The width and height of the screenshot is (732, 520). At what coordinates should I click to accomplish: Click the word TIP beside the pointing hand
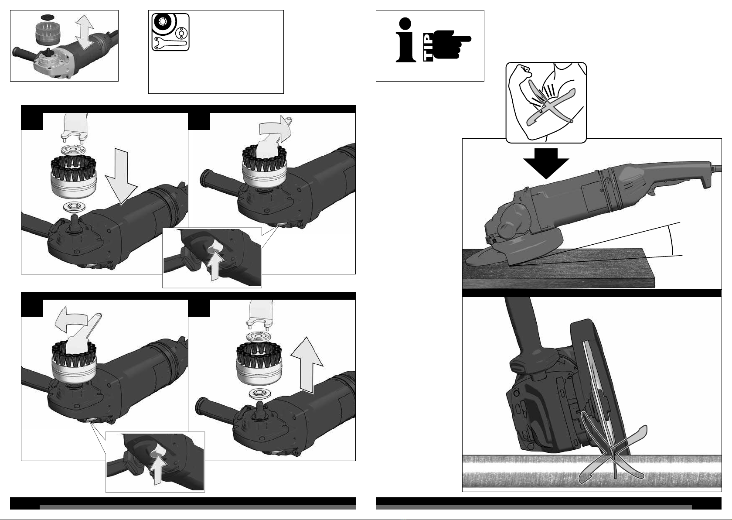tap(429, 47)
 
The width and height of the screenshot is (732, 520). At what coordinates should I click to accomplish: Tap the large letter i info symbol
tap(405, 40)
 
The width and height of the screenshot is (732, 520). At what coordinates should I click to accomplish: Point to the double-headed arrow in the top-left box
tap(84, 32)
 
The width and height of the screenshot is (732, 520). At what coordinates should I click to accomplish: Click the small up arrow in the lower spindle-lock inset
tap(158, 471)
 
